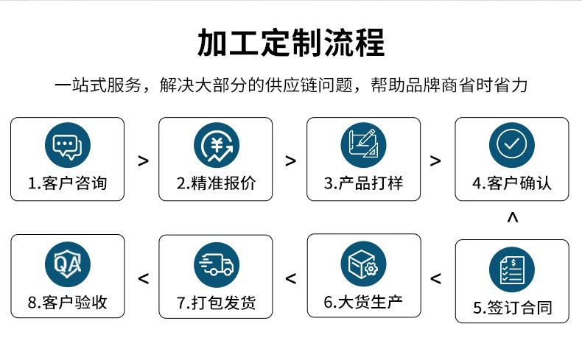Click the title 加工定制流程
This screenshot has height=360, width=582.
tap(290, 43)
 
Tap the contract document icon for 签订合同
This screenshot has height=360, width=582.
tap(511, 269)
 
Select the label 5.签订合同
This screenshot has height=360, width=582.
tap(511, 307)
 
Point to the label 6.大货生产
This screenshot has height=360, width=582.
tap(363, 302)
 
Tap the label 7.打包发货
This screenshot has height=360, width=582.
tap(215, 302)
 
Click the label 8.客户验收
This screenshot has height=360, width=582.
tap(67, 302)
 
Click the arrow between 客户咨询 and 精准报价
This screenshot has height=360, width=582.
tap(143, 160)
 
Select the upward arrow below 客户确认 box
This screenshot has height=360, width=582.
tap(513, 217)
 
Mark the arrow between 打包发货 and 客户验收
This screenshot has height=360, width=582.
tap(143, 278)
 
